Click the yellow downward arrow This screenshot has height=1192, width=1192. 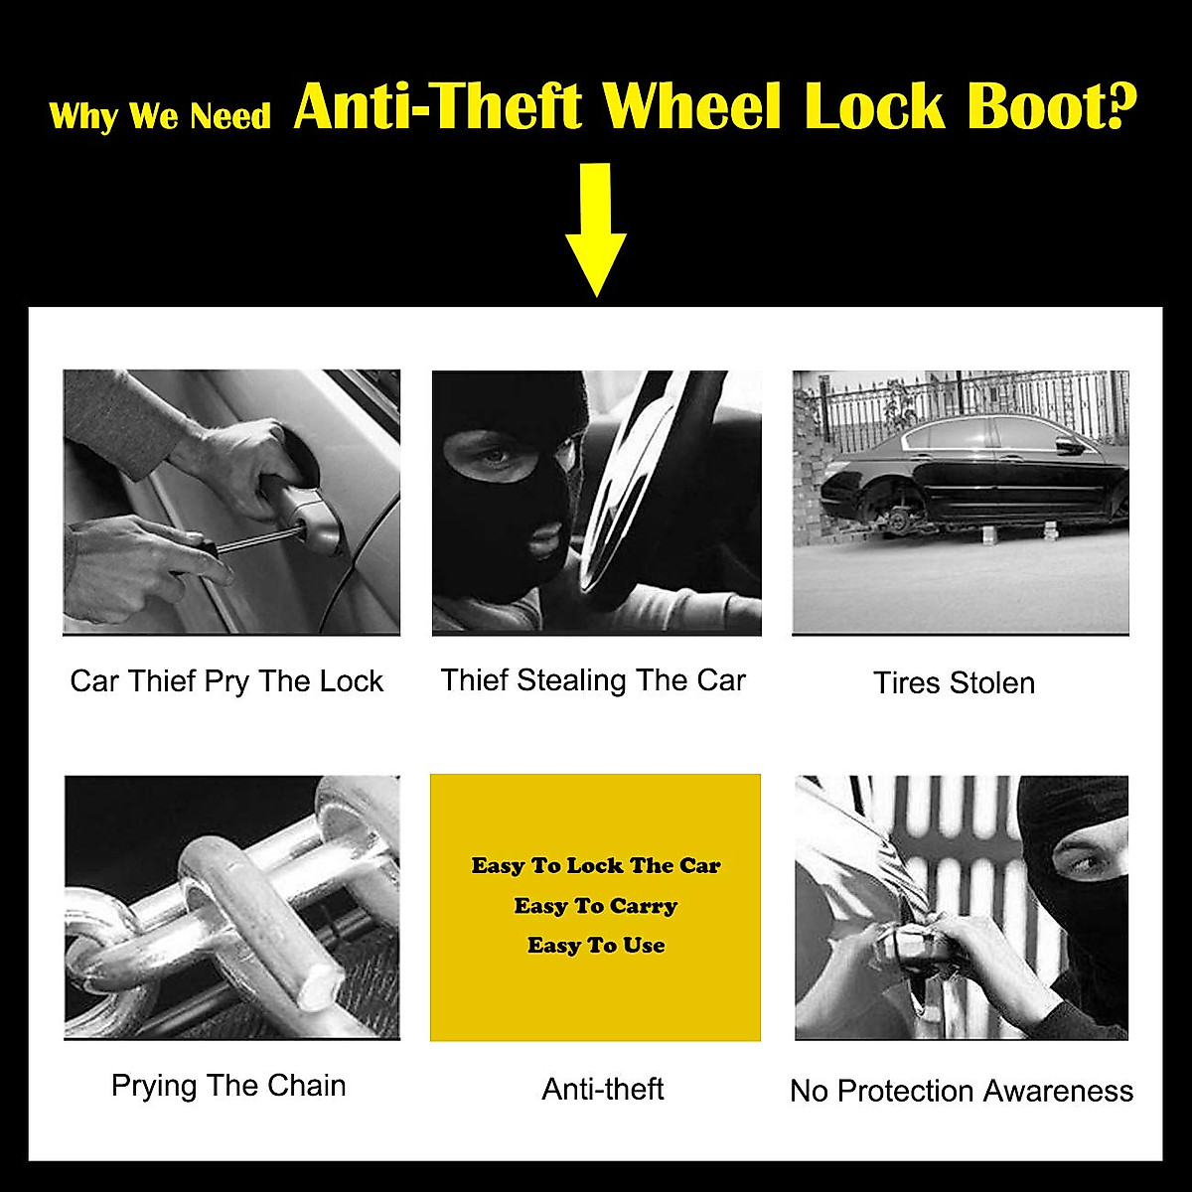click(596, 233)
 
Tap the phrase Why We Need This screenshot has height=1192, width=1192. click(159, 116)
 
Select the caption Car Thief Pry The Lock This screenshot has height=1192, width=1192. click(226, 681)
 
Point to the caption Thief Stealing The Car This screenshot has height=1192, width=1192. click(593, 680)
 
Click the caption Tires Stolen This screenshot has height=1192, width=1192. click(954, 682)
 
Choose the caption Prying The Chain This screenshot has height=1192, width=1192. click(228, 1086)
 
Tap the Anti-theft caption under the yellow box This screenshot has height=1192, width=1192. click(603, 1089)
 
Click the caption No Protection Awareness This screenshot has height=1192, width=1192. click(961, 1091)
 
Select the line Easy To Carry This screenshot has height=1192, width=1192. click(596, 906)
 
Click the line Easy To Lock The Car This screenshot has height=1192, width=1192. click(596, 865)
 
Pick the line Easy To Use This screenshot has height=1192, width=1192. click(596, 946)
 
